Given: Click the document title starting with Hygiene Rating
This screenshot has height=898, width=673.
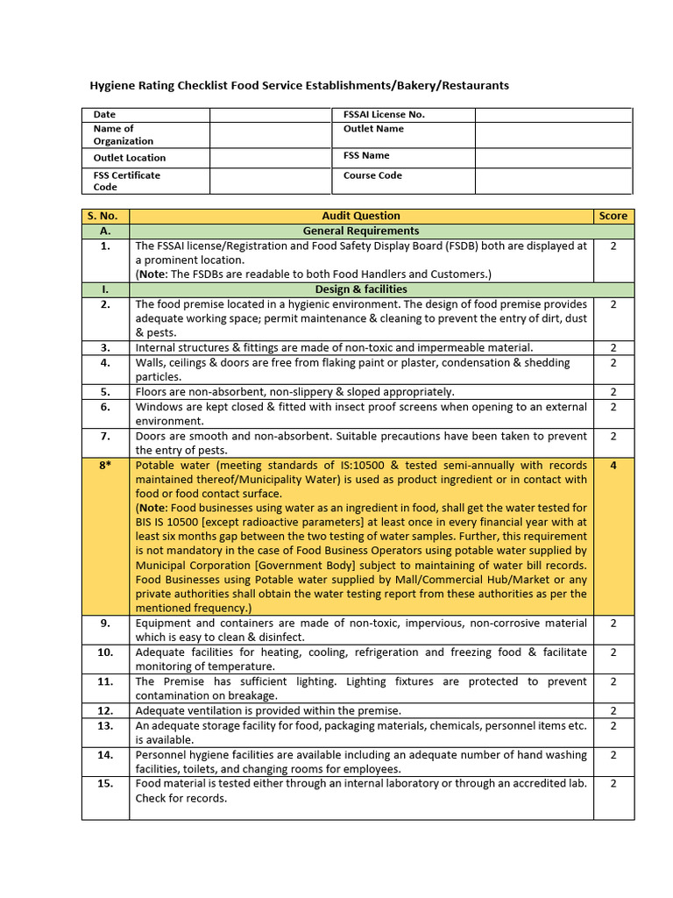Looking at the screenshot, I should click(x=300, y=85).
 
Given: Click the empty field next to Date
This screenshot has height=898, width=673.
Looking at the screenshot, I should click(x=270, y=115).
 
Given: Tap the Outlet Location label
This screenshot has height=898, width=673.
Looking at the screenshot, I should click(x=130, y=158).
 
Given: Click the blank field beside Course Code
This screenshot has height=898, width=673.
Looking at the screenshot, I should click(x=553, y=181).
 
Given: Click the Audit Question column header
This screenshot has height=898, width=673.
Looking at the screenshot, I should click(x=361, y=216).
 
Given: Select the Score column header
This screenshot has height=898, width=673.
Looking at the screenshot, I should click(x=613, y=216).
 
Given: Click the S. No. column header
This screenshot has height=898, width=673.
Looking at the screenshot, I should click(x=105, y=216).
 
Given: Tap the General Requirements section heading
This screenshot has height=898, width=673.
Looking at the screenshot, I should click(x=361, y=231).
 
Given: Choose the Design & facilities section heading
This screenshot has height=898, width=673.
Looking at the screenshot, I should click(x=361, y=289).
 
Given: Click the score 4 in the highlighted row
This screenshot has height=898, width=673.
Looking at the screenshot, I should click(x=613, y=466).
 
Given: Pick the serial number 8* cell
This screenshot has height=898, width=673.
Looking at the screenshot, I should click(x=105, y=466).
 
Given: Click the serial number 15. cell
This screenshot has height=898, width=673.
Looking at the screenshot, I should click(x=105, y=783).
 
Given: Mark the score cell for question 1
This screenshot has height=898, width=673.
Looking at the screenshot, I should click(x=613, y=246).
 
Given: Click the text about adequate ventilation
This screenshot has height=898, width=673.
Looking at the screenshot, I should click(x=268, y=710).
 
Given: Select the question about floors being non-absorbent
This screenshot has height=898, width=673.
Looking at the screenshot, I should click(x=294, y=392).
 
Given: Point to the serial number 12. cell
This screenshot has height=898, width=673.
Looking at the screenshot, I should click(x=105, y=710).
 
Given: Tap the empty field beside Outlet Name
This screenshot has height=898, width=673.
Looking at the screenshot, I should click(x=553, y=134).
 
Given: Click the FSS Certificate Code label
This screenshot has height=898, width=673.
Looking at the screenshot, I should click(x=127, y=181).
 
